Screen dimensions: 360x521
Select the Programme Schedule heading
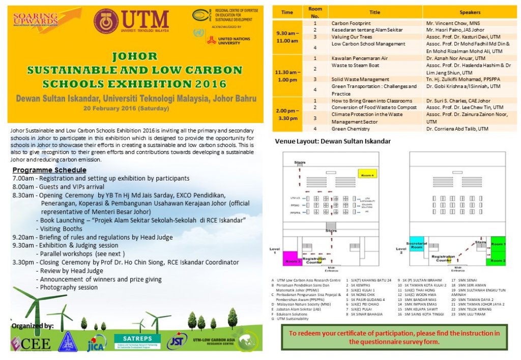tap(49, 169)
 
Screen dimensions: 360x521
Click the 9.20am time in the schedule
tap(23, 237)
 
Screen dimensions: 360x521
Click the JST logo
tap(177, 341)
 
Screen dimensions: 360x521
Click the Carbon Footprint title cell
tap(351, 23)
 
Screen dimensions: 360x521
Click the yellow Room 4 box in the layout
tap(367, 174)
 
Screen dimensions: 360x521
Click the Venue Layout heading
tap(333, 141)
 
